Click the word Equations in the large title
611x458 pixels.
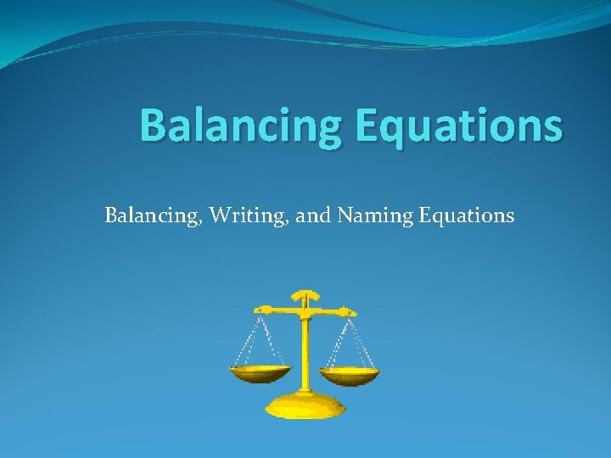coord(458,126)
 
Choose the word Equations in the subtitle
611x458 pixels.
coord(467,215)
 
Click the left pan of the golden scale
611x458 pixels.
coord(261,372)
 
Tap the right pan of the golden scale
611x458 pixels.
coord(350,374)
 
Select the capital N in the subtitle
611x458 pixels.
coord(345,215)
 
